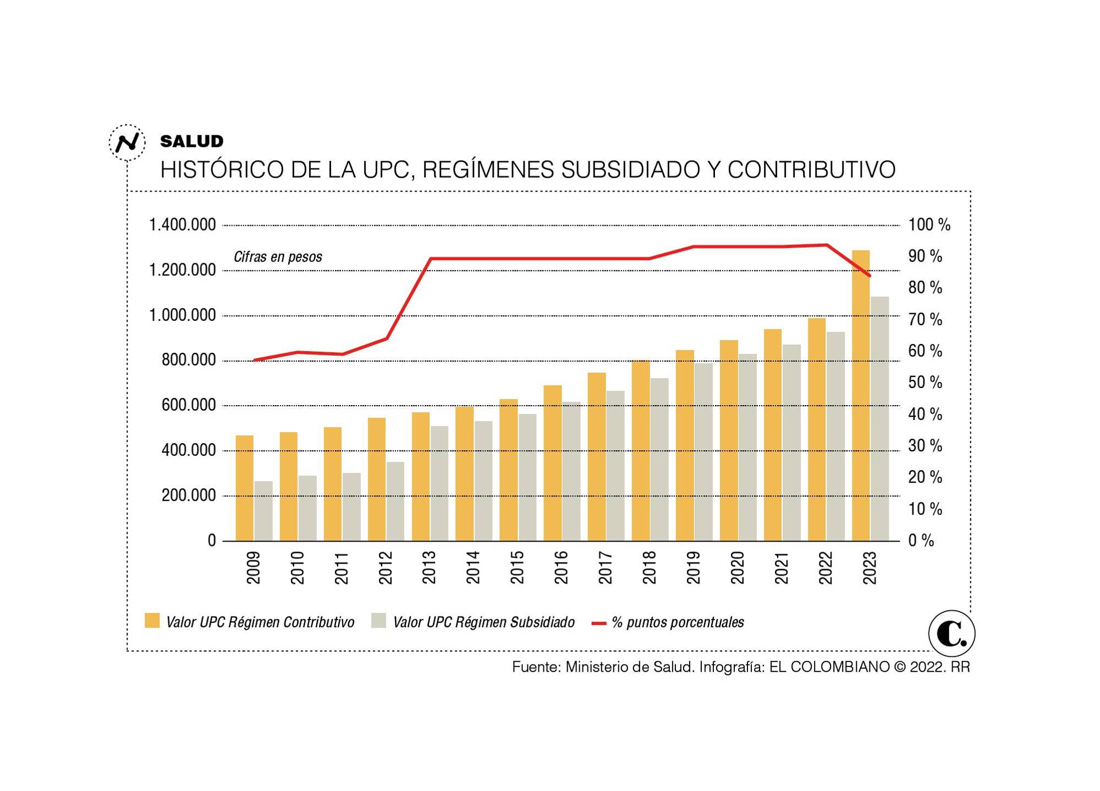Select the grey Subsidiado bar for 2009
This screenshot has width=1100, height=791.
coord(263,511)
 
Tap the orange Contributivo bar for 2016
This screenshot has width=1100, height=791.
coord(553,463)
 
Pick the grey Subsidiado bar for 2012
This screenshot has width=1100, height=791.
coord(395,501)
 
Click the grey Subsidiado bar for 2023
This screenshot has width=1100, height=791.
coord(879,418)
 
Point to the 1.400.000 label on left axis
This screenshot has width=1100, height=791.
coord(182,225)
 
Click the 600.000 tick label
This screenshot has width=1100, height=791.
coord(188,406)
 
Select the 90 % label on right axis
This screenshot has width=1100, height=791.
coord(925,257)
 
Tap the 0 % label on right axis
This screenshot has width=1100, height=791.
coord(921,541)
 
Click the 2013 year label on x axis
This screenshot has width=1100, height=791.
coord(429,568)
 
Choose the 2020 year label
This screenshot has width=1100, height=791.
coord(737,568)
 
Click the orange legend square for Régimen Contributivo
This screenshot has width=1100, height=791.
coord(152,620)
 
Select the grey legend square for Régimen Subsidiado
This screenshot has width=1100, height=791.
coord(378,620)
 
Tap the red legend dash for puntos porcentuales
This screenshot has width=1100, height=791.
coord(598,623)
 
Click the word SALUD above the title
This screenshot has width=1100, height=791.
coord(191,141)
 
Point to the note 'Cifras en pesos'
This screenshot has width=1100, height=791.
coord(278,257)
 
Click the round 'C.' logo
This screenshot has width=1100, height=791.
coord(952,634)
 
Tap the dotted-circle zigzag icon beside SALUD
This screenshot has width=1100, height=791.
coord(127,143)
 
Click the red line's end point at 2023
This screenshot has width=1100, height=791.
coord(870,276)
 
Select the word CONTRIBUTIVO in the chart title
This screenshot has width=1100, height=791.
coord(811,170)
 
